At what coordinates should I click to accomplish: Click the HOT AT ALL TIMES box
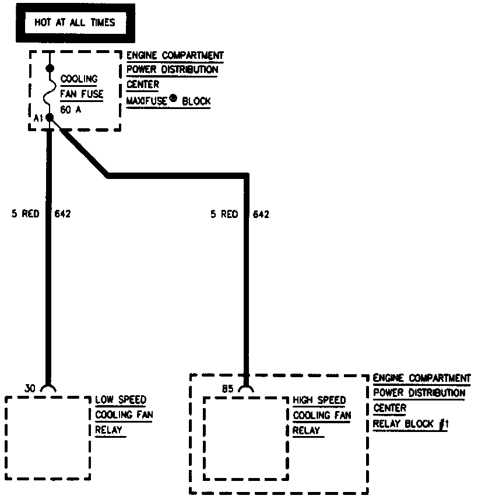pos(75,23)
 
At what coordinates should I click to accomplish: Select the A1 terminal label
pos(38,118)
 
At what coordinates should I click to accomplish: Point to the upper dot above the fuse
pos(50,69)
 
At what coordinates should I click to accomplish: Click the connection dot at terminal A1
pos(50,118)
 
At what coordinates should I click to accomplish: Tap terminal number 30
pos(31,388)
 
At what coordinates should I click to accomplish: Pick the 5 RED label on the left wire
pos(26,214)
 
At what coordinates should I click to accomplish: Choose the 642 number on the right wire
pos(261,214)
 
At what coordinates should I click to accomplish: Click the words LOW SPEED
pos(121,400)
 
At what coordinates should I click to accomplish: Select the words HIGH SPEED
pos(319,400)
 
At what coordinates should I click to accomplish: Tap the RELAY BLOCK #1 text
pos(410,424)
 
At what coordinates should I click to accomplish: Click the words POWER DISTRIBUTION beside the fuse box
pos(173,70)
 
